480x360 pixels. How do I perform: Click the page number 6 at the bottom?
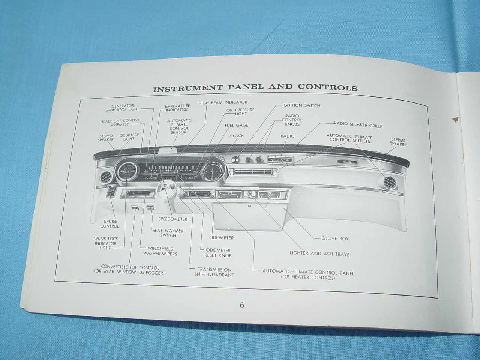[242, 305]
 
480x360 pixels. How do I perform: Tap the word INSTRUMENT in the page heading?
[188, 89]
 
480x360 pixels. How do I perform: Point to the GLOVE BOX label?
[335, 238]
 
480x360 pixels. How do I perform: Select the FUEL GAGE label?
[236, 125]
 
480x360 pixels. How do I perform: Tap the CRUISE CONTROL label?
[109, 224]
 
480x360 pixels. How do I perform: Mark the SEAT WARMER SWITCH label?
[168, 233]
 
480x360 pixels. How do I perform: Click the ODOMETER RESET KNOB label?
[218, 253]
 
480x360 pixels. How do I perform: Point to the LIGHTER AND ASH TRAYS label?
[319, 254]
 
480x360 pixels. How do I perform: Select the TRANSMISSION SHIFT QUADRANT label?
[214, 272]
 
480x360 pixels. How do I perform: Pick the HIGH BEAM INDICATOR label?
[223, 102]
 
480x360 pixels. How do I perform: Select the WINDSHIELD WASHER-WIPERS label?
[159, 251]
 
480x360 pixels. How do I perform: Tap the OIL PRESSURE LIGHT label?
[240, 111]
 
